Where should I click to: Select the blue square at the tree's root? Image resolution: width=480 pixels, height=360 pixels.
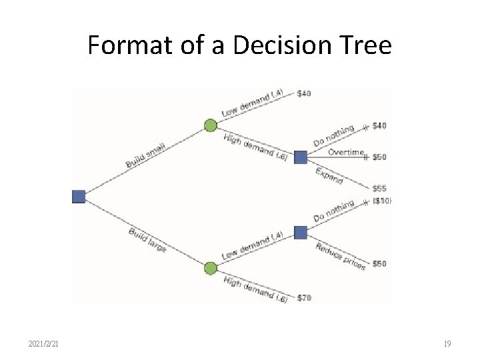pos(79,196)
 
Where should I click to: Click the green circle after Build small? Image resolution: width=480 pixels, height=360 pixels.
pos(210,125)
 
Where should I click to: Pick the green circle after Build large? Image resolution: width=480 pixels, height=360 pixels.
pos(210,268)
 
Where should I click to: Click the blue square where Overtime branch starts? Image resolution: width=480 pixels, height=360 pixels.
pos(300,157)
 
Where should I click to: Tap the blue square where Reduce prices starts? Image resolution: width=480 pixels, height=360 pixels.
pos(300,232)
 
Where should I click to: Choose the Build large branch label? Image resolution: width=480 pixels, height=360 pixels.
pos(148,240)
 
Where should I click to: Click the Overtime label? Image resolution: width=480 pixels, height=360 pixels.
pos(346,152)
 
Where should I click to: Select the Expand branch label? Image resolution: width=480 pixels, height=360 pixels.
pos(329,175)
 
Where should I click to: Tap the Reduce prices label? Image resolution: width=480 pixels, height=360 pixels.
pos(340,255)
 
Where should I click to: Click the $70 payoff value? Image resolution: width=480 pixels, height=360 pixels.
pos(304,297)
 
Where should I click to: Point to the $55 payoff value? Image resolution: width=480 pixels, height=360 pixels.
pos(379,189)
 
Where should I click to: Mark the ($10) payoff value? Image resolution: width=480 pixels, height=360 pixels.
pos(382,201)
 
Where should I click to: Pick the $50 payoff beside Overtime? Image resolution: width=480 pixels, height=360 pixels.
pos(379,157)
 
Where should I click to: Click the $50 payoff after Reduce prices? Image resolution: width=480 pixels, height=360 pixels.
pos(379,264)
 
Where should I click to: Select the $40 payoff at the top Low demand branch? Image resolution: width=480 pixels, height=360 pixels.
pos(303,93)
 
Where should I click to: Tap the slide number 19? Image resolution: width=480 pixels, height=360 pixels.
pos(447,344)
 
